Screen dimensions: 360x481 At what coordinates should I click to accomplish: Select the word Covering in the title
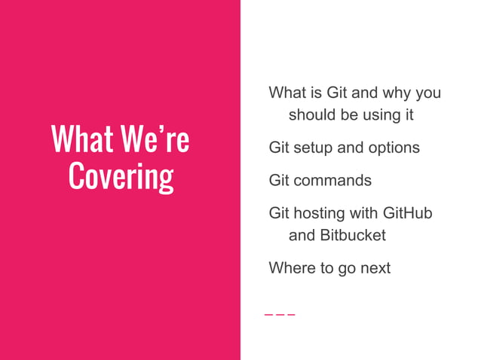[121, 176]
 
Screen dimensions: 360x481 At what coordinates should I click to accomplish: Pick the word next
[374, 267]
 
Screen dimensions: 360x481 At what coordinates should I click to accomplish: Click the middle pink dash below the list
[280, 314]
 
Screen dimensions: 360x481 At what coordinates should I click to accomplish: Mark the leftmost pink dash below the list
[268, 314]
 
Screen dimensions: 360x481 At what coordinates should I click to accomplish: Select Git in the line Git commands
[280, 181]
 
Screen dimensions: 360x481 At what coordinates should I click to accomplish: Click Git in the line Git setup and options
[280, 148]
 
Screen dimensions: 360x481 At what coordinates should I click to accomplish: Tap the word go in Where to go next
[346, 268]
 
